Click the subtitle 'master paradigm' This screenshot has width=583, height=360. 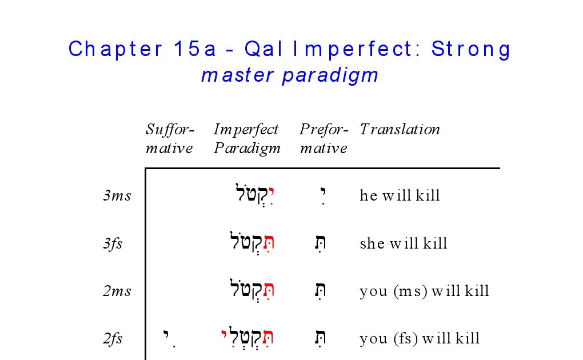pyautogui.click(x=290, y=75)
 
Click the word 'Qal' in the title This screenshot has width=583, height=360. pyautogui.click(x=263, y=49)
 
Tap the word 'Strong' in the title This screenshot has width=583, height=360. pyautogui.click(x=471, y=49)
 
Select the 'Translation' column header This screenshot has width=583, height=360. pyautogui.click(x=400, y=129)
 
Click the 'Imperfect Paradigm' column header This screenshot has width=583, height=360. pyautogui.click(x=246, y=139)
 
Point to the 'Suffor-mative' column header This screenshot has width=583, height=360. pyautogui.click(x=170, y=139)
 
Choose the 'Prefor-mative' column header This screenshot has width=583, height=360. pyautogui.click(x=324, y=139)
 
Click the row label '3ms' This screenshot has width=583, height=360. pyautogui.click(x=117, y=195)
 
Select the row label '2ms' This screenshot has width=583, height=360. pyautogui.click(x=117, y=291)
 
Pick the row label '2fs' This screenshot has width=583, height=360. pyautogui.click(x=113, y=338)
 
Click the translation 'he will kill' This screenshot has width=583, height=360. pyautogui.click(x=400, y=195)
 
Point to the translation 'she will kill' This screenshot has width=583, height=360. pyautogui.click(x=404, y=243)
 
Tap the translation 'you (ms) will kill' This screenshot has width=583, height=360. pyautogui.click(x=424, y=291)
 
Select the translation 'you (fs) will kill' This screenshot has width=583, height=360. pyautogui.click(x=420, y=338)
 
